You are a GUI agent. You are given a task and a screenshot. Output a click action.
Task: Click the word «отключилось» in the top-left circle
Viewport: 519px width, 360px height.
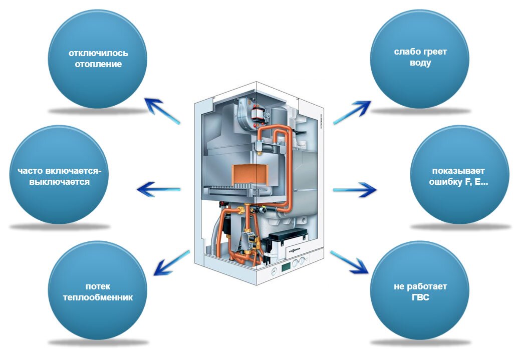(x=98, y=53)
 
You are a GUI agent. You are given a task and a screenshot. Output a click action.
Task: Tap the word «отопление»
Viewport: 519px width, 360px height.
(x=98, y=64)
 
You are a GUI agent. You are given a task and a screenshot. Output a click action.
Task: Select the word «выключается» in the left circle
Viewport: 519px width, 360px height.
(x=60, y=182)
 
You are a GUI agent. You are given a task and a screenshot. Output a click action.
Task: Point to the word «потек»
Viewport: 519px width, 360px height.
(x=98, y=286)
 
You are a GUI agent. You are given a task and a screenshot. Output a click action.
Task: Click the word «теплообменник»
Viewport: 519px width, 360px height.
(x=98, y=297)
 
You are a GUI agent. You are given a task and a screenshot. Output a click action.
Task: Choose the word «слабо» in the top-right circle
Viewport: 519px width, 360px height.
(x=405, y=52)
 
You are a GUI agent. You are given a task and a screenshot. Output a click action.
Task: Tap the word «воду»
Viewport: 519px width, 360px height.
(x=420, y=63)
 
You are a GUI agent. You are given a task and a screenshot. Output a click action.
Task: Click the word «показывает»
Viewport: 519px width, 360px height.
(x=458, y=171)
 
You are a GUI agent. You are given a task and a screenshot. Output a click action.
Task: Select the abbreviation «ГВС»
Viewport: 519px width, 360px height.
(x=420, y=297)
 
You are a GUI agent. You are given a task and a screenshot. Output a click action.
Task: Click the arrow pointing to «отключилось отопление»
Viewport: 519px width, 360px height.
(x=162, y=111)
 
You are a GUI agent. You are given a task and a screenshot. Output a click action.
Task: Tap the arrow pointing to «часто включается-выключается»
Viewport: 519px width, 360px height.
(x=158, y=190)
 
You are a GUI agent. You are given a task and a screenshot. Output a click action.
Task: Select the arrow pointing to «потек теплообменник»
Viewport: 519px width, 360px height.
(x=171, y=263)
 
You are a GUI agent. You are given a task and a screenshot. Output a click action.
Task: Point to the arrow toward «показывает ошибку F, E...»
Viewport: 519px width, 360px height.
(x=355, y=190)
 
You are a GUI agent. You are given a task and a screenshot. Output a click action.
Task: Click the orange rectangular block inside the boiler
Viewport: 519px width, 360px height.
(x=251, y=175)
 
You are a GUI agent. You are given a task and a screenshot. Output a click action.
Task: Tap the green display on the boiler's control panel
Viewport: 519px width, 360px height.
(x=286, y=266)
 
